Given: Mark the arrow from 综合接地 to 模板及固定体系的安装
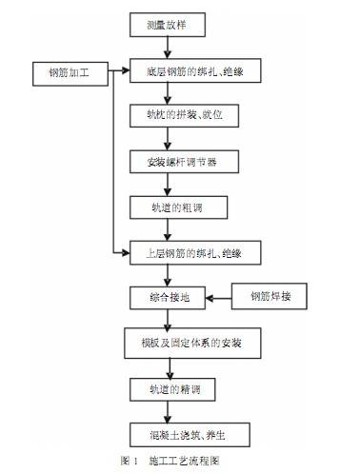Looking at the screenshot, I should [x=173, y=320].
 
